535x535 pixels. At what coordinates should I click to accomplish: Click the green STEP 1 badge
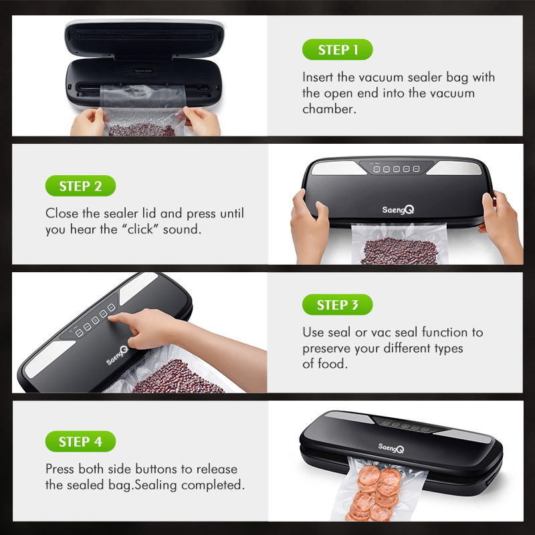pyautogui.click(x=337, y=49)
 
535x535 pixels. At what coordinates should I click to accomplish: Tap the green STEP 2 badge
pyautogui.click(x=80, y=186)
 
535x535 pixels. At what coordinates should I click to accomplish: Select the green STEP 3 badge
pyautogui.click(x=337, y=304)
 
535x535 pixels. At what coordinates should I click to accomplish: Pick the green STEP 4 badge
pyautogui.click(x=80, y=441)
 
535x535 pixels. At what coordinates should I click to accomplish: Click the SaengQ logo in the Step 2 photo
pyautogui.click(x=398, y=209)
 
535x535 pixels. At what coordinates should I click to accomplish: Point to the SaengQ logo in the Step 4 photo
pyautogui.click(x=391, y=447)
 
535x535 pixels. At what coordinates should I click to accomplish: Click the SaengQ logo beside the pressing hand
pyautogui.click(x=117, y=356)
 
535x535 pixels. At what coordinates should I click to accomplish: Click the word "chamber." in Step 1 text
pyautogui.click(x=329, y=109)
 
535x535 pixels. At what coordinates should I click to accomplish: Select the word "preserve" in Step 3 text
pyautogui.click(x=326, y=348)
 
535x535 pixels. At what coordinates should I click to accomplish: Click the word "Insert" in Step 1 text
pyautogui.click(x=317, y=77)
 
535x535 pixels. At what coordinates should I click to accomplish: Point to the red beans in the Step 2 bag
pyautogui.click(x=399, y=251)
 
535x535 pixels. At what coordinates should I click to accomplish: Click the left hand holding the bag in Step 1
pyautogui.click(x=88, y=122)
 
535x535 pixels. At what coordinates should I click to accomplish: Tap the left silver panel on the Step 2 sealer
pyautogui.click(x=338, y=168)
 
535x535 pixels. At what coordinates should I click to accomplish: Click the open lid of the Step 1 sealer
pyautogui.click(x=144, y=39)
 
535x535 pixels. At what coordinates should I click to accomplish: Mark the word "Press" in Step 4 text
pyautogui.click(x=60, y=469)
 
